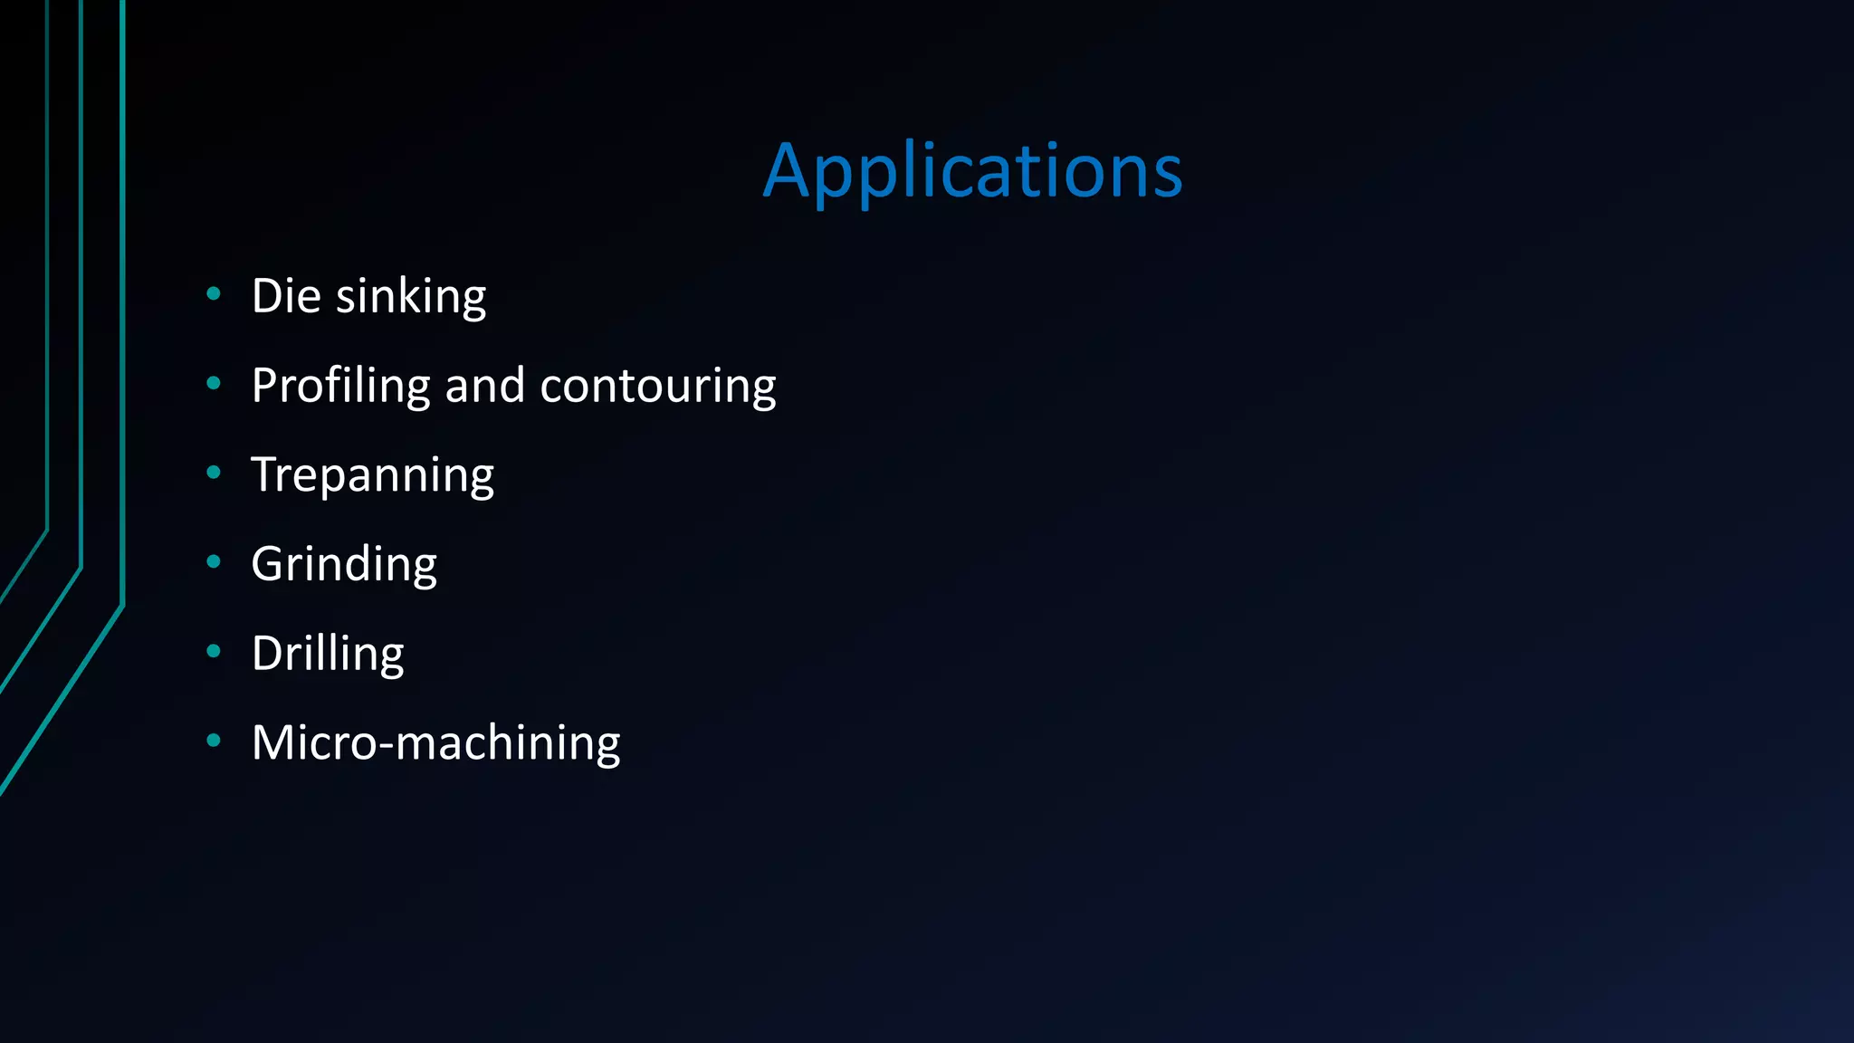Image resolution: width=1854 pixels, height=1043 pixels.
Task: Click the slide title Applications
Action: (x=972, y=171)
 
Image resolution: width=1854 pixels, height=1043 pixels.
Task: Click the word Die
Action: (x=286, y=296)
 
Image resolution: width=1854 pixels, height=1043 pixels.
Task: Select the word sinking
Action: (x=411, y=297)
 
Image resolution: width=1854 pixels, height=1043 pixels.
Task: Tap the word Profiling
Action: (x=340, y=386)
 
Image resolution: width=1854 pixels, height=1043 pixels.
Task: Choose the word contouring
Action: (x=658, y=386)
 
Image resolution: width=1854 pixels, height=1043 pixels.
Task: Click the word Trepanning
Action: (x=373, y=475)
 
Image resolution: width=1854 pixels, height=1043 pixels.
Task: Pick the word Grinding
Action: (x=344, y=564)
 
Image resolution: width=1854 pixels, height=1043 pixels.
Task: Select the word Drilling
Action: (x=328, y=654)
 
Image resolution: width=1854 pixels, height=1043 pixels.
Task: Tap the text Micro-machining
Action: (x=435, y=743)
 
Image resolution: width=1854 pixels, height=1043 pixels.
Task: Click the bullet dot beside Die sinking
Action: (x=214, y=292)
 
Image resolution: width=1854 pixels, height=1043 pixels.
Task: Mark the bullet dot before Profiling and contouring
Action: (x=214, y=383)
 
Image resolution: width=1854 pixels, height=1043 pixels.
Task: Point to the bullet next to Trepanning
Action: (x=214, y=472)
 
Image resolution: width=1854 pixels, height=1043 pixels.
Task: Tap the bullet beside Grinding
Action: (x=214, y=561)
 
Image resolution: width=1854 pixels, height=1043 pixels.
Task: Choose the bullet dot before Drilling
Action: (x=214, y=650)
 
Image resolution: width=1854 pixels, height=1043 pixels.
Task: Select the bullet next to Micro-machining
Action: (x=214, y=740)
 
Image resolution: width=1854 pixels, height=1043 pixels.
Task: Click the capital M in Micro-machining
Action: (x=274, y=742)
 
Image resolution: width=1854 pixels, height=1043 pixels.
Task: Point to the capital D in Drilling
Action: (x=269, y=654)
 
